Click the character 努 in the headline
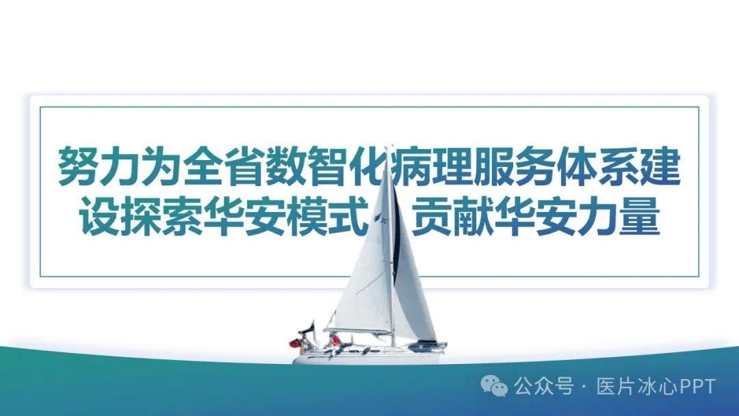click(x=78, y=166)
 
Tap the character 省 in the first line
click(x=244, y=166)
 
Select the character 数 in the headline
click(x=285, y=166)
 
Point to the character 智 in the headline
click(x=327, y=166)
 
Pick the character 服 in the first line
click(x=493, y=166)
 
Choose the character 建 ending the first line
click(x=659, y=166)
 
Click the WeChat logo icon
click(x=494, y=386)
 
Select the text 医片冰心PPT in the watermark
click(x=656, y=387)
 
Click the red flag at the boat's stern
click(x=295, y=343)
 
